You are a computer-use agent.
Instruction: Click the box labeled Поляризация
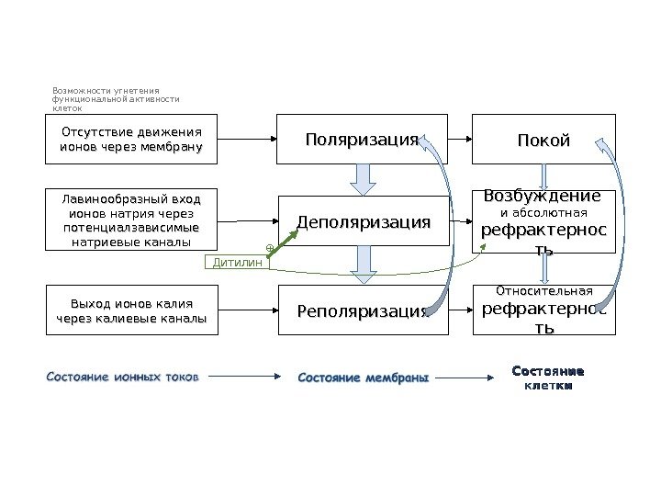(362, 139)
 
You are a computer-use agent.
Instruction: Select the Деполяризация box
(364, 221)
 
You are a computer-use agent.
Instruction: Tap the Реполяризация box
(364, 310)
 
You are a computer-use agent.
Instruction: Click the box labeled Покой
(544, 140)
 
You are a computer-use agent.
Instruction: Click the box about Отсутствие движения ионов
(132, 139)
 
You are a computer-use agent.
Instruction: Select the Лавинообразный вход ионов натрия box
(132, 220)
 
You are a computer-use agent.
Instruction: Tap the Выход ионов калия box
(132, 310)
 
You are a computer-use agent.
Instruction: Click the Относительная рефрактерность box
(544, 310)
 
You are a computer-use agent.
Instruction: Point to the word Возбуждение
(543, 197)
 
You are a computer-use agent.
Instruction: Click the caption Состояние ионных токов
(122, 376)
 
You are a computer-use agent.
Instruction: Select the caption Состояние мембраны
(364, 377)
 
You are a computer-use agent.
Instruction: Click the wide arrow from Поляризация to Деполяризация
(364, 179)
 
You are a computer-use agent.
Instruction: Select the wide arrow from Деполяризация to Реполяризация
(364, 266)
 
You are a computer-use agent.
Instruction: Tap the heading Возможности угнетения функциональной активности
(116, 99)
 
